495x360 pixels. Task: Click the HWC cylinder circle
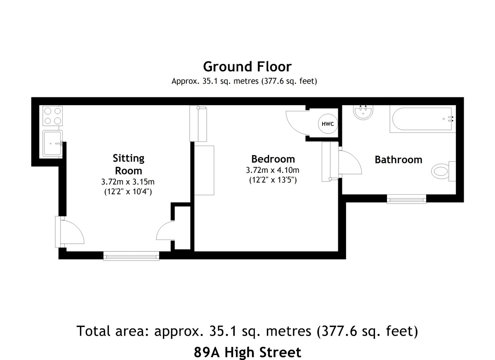[x=328, y=124]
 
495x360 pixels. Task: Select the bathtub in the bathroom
[x=422, y=119]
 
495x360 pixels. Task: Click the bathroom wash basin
[x=363, y=112]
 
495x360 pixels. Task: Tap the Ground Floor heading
[x=247, y=66]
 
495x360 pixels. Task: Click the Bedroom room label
[x=273, y=159]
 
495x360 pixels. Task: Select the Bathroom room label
[x=398, y=160]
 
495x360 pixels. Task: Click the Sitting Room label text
[x=129, y=164]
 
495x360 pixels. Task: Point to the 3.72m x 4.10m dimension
[x=273, y=170]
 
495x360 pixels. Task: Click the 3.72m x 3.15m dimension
[x=128, y=182]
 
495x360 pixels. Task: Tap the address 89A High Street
[x=247, y=352]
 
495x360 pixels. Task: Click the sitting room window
[x=131, y=256]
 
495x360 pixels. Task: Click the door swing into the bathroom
[x=350, y=162]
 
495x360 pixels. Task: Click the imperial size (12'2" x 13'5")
[x=273, y=180]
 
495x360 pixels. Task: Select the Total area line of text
[x=247, y=331]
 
